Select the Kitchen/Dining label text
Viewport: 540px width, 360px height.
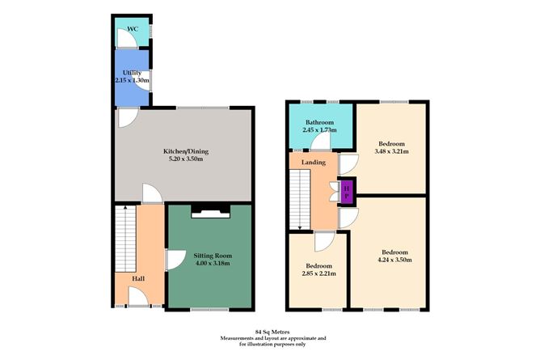coord(181,150)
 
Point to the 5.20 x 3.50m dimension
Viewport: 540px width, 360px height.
coord(181,159)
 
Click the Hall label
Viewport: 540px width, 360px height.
coord(139,279)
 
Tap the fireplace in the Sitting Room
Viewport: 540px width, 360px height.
coord(209,213)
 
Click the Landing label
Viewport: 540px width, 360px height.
coord(314,163)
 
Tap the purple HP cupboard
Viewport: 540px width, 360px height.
coord(347,192)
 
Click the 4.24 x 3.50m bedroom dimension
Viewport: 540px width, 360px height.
coord(395,260)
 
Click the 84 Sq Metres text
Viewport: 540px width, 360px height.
coord(269,332)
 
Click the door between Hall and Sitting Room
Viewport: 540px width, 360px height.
coord(172,260)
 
